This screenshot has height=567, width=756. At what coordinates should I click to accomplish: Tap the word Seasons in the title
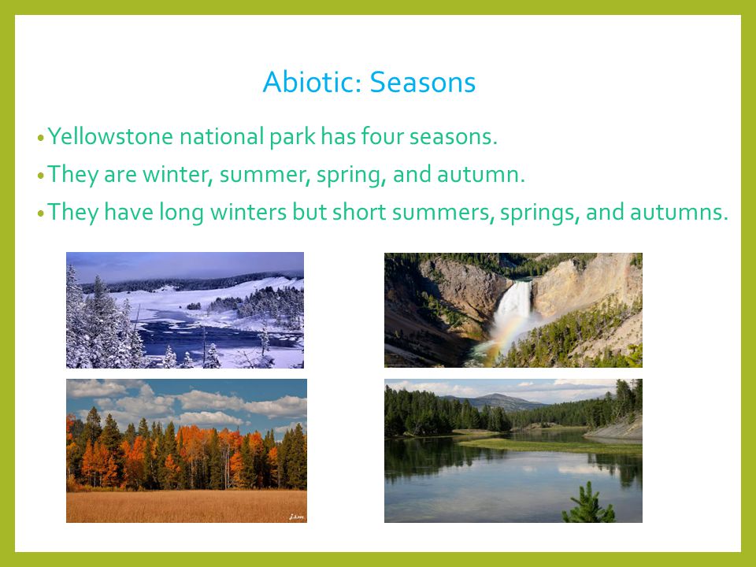(423, 82)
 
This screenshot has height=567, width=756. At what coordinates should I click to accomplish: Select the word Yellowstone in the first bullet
(110, 136)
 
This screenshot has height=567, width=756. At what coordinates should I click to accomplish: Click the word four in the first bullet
(383, 136)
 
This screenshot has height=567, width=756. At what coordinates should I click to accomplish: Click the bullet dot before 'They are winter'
(40, 176)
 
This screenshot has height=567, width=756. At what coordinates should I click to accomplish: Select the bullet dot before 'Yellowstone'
(40, 138)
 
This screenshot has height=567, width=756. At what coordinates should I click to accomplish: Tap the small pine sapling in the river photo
(588, 504)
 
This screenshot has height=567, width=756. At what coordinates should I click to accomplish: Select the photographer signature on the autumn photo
(297, 517)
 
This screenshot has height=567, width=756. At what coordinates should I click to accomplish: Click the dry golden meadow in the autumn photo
(186, 506)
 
